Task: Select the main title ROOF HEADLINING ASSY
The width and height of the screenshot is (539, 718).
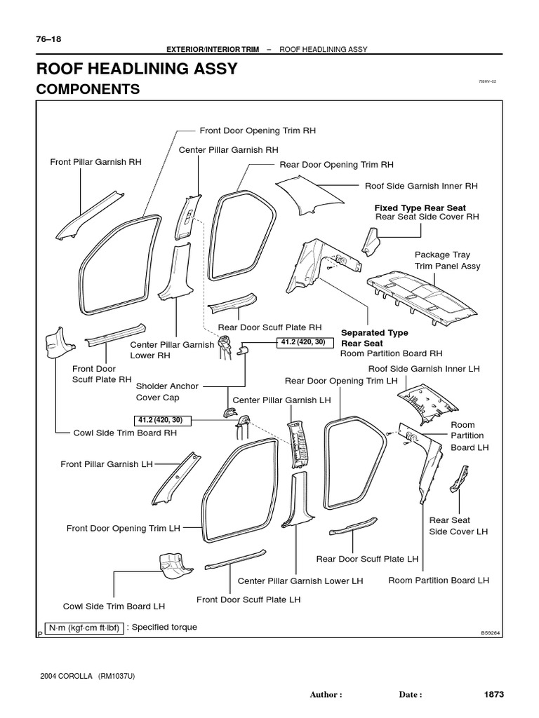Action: [x=136, y=69]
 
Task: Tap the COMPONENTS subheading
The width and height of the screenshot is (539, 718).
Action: [x=88, y=89]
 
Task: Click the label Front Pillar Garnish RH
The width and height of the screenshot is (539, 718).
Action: [x=95, y=161]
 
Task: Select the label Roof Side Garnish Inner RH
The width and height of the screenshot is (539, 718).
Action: [x=421, y=186]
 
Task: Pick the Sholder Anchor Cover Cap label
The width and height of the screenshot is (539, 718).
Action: [x=167, y=391]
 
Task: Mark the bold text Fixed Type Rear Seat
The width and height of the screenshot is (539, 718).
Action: [x=420, y=208]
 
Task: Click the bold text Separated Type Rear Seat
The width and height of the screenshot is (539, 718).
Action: [x=374, y=338]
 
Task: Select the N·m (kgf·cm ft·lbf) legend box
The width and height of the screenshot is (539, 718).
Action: [x=84, y=628]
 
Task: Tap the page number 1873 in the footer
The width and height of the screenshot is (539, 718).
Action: [x=494, y=694]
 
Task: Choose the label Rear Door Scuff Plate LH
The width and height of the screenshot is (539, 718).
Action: [x=367, y=559]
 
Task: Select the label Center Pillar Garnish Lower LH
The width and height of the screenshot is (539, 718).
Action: [x=300, y=581]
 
